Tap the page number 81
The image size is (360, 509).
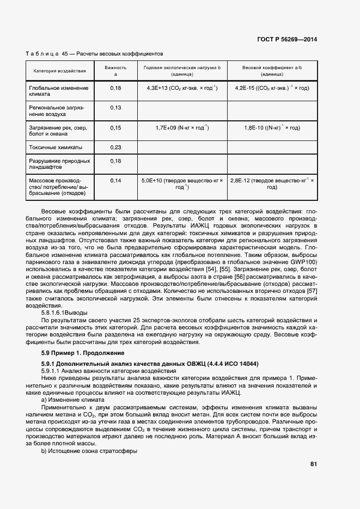coord(313,464)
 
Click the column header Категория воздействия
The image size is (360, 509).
coord(59,71)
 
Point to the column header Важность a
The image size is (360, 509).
coord(115,70)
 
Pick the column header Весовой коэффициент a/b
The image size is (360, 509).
coord(272,70)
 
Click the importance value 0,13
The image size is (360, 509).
coord(115,108)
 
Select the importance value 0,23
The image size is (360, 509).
coord(115,147)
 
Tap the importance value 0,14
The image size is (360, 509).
coord(115,180)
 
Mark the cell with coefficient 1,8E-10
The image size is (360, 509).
coord(272,128)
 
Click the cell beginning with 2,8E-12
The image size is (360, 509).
coord(272,183)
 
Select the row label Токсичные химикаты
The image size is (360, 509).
coord(56,147)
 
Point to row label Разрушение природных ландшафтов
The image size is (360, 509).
coord(59,164)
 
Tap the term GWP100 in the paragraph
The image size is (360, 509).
coord(305,262)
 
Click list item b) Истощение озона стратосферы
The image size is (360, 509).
coord(89,451)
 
